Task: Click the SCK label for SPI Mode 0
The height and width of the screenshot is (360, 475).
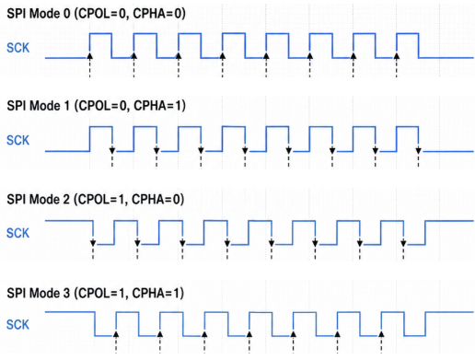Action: pos(18,48)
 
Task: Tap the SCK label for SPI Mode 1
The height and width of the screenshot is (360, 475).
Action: pos(18,140)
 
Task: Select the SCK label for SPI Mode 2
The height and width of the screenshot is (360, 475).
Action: pos(18,233)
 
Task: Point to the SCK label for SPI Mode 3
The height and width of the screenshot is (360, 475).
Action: pos(18,324)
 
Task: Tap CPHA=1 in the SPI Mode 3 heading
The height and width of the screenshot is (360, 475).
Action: pos(156,293)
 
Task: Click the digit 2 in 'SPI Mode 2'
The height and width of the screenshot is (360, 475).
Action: pos(66,200)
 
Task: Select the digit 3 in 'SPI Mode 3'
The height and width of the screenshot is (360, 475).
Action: pos(66,293)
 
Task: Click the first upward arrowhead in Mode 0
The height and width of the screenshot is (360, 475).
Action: pos(89,55)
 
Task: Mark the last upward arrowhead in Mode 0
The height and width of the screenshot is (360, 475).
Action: pos(397,55)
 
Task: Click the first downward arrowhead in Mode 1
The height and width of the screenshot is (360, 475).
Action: pos(112,150)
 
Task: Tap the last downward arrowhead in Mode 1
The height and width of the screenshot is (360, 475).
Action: pos(419,150)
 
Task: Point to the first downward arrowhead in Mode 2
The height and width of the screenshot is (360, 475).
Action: pos(93,243)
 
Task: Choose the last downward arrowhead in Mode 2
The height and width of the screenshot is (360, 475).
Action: pos(403,243)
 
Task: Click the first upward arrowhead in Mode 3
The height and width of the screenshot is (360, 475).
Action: pos(116,334)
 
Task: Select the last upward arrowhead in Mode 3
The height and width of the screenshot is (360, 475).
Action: pos(381,334)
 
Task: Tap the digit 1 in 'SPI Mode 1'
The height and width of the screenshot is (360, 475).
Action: pos(66,106)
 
